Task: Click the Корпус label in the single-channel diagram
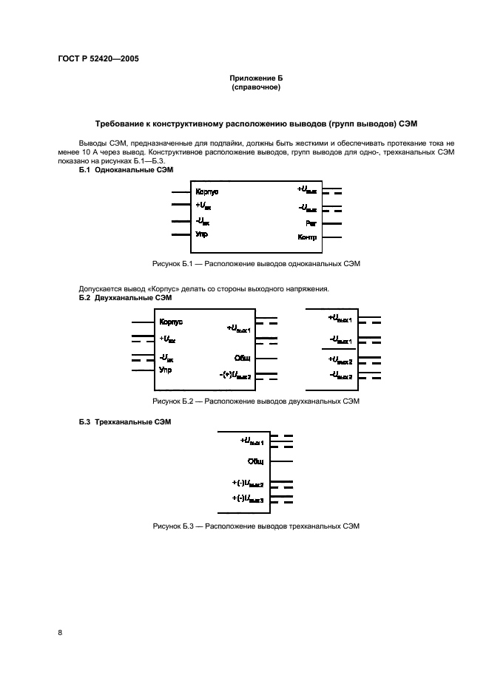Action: click(207, 192)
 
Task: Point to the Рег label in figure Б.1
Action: click(311, 223)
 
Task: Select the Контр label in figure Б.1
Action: click(307, 237)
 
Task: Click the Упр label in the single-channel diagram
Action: click(201, 234)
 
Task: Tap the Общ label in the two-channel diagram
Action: click(243, 357)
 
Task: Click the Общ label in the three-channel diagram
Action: click(256, 461)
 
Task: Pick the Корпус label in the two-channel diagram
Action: click(171, 322)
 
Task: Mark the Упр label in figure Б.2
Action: click(165, 370)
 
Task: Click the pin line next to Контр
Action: click(331, 237)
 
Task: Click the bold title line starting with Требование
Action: click(255, 124)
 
